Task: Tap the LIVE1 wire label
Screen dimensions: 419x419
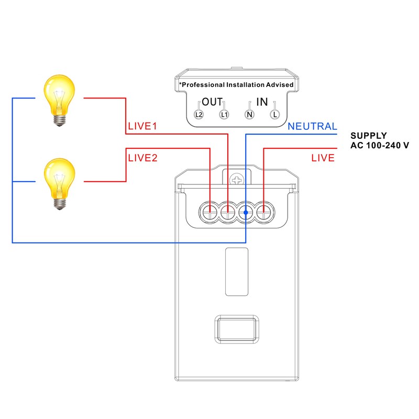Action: (x=142, y=127)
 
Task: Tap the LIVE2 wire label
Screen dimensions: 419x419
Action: (x=142, y=158)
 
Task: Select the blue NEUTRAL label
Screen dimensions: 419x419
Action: (x=312, y=127)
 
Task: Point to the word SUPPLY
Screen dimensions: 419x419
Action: (x=369, y=136)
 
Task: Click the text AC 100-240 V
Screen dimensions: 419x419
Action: (x=379, y=145)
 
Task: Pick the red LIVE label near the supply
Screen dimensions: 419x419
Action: (x=323, y=158)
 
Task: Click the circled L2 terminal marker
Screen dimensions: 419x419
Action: (x=199, y=114)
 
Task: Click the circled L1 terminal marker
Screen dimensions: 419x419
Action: (x=224, y=114)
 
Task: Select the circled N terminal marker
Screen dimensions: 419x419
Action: (x=249, y=114)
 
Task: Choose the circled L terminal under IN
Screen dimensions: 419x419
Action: (x=274, y=114)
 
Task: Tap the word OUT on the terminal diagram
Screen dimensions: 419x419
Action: (x=213, y=102)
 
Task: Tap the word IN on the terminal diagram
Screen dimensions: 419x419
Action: (x=262, y=102)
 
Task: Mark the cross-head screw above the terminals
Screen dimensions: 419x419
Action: (x=237, y=180)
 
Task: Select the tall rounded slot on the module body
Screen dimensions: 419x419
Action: (x=237, y=271)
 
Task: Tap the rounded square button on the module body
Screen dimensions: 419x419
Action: (x=237, y=329)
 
